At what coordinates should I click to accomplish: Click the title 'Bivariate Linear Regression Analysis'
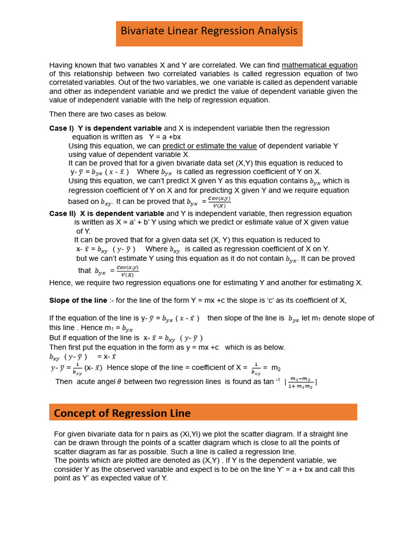(x=209, y=31)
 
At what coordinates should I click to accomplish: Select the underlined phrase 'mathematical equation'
(x=319, y=65)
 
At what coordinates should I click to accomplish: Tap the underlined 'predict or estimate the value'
(x=209, y=146)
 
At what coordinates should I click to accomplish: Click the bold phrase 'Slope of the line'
(x=78, y=300)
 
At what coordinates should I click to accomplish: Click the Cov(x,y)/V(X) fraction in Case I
(x=219, y=202)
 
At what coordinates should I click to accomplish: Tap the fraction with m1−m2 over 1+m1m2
(x=300, y=383)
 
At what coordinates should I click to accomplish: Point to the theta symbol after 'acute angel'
(x=119, y=382)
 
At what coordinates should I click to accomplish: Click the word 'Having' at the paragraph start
(x=61, y=65)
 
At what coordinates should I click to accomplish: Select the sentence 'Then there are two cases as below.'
(x=108, y=114)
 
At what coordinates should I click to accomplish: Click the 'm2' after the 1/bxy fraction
(x=276, y=367)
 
